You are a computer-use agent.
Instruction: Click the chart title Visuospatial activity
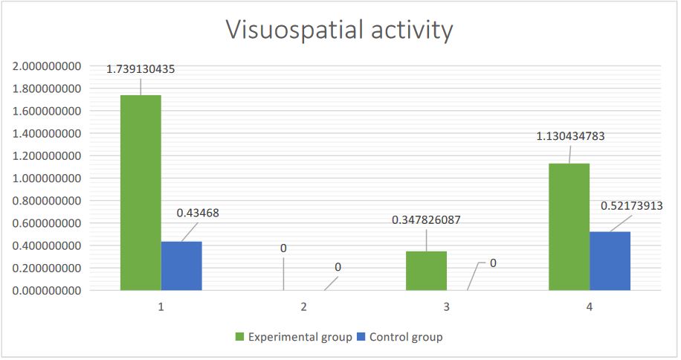(339, 30)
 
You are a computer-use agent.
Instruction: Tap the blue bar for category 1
(181, 266)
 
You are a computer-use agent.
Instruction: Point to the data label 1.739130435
(141, 69)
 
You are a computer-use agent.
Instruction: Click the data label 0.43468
(198, 213)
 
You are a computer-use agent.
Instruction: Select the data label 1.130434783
(571, 136)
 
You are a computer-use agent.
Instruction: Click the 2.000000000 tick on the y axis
(46, 66)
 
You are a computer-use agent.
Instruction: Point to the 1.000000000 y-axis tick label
(46, 179)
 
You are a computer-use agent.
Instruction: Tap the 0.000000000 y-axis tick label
(46, 290)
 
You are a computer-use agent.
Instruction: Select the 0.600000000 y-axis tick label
(46, 223)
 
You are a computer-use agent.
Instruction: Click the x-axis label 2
(303, 306)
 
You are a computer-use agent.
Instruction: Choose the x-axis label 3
(447, 306)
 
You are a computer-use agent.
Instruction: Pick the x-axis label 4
(590, 306)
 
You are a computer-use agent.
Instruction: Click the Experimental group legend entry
(294, 337)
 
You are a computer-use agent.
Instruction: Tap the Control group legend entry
(401, 337)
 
